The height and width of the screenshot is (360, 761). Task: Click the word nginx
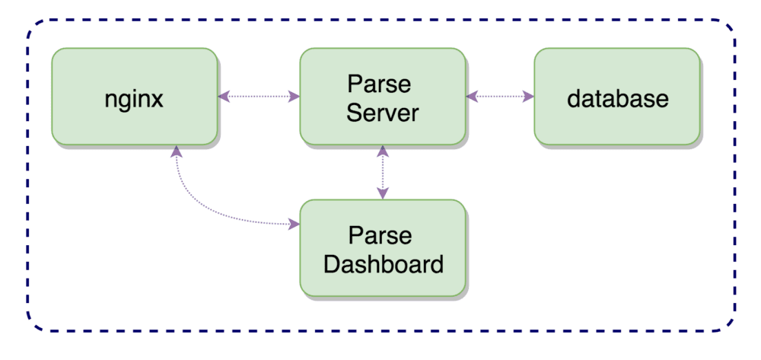click(x=134, y=99)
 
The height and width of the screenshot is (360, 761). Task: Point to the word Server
click(x=382, y=113)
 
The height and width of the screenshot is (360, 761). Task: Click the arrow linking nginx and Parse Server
click(x=259, y=97)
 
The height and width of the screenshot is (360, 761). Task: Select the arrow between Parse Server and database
click(x=500, y=97)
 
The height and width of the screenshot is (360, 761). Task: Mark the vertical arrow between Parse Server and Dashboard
click(x=383, y=172)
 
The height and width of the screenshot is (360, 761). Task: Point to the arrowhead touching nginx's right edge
click(x=224, y=97)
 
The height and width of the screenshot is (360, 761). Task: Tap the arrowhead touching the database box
click(x=528, y=97)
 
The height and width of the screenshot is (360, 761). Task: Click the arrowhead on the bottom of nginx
click(x=177, y=151)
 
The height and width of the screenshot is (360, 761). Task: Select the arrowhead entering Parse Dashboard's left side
click(x=293, y=225)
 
